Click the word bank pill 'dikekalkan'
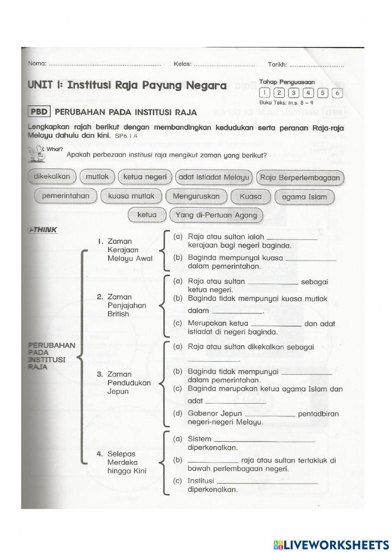tap(52, 177)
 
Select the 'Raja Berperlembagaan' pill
tap(300, 178)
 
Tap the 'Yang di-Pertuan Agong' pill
tap(216, 215)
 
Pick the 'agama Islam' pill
tap(304, 197)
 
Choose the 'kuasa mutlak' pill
tap(131, 196)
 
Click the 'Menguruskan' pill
tap(196, 196)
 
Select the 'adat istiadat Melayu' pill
tap(214, 177)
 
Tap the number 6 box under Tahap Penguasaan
tap(337, 93)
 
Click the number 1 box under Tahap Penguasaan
tap(265, 93)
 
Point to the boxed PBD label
tap(39, 112)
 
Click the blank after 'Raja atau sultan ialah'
tap(291, 237)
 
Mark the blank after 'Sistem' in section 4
tap(265, 440)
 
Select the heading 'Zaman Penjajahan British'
tap(126, 305)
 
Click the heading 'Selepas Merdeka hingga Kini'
tap(126, 462)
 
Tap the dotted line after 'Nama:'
tap(104, 64)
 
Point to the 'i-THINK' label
tap(43, 230)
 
